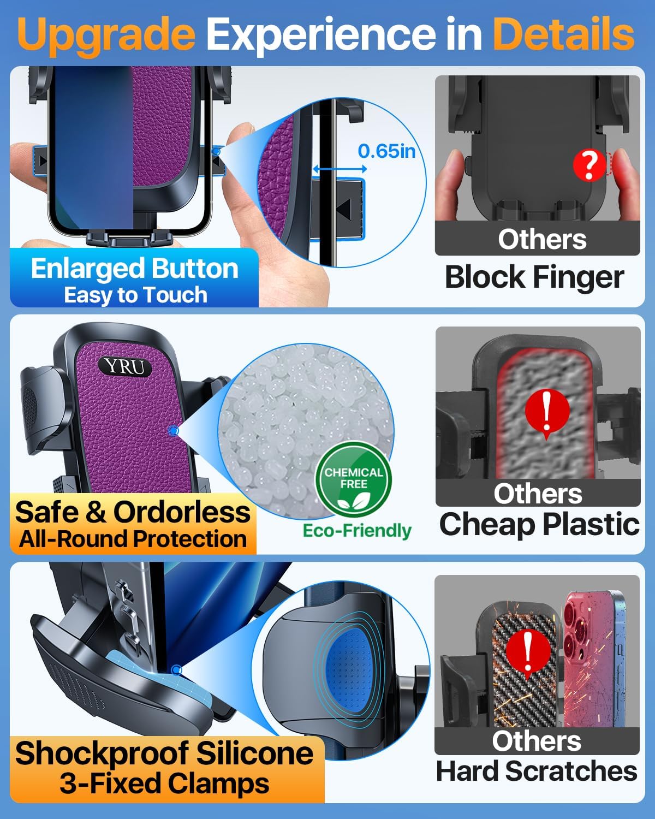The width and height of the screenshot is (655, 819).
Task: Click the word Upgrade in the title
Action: click(x=106, y=34)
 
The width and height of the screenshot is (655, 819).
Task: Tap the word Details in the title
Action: click(x=563, y=34)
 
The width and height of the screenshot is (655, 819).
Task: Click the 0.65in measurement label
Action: click(x=386, y=151)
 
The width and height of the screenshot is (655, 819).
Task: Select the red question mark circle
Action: click(x=588, y=165)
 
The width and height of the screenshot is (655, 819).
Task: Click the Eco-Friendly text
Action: click(x=357, y=531)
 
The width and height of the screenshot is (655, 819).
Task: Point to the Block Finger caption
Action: click(x=534, y=277)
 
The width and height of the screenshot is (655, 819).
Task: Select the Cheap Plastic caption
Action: click(x=539, y=524)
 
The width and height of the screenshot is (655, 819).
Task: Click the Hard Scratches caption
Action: click(x=537, y=771)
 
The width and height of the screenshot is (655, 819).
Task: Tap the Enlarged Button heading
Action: click(x=135, y=269)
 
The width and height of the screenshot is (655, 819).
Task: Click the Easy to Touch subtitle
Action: click(x=135, y=295)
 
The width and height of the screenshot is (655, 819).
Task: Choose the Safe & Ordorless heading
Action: click(x=133, y=512)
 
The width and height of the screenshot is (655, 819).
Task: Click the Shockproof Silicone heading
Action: click(x=164, y=753)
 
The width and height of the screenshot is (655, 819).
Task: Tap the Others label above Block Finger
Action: click(x=542, y=239)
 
